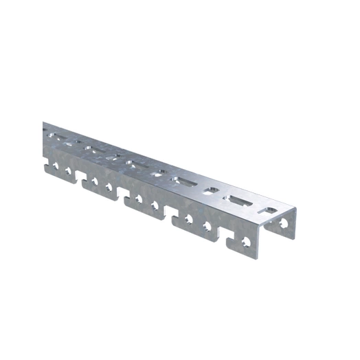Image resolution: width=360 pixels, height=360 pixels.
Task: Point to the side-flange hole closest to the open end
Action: point(245,242)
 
